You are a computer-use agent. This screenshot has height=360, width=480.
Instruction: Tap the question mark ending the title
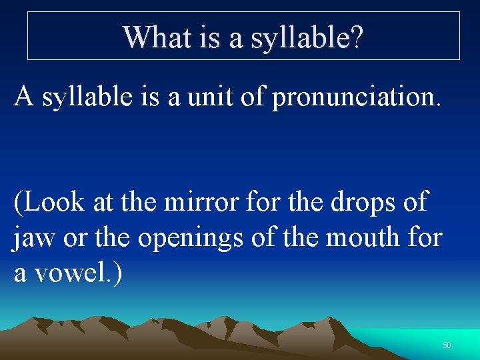[x=357, y=37]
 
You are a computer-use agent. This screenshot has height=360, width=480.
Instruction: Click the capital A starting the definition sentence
[x=25, y=97]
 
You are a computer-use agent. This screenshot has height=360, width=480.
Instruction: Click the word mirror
[x=205, y=201]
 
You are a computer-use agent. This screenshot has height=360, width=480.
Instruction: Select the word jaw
[x=33, y=238]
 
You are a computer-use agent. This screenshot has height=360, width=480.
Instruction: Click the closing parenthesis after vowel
[x=117, y=274]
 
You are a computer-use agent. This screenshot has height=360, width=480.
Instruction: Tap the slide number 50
[x=447, y=345]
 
